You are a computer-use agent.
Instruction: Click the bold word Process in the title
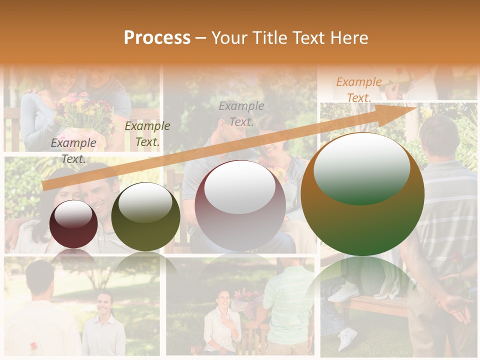(157, 38)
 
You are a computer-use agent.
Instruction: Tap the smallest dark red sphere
(74, 224)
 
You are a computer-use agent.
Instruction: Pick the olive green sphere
(145, 216)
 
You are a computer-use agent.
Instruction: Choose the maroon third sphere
(240, 206)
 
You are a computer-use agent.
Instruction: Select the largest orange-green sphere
(362, 194)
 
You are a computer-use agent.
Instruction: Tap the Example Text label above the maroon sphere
(241, 113)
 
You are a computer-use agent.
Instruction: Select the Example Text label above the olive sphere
(147, 133)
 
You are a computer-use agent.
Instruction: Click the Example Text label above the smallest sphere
(73, 151)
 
